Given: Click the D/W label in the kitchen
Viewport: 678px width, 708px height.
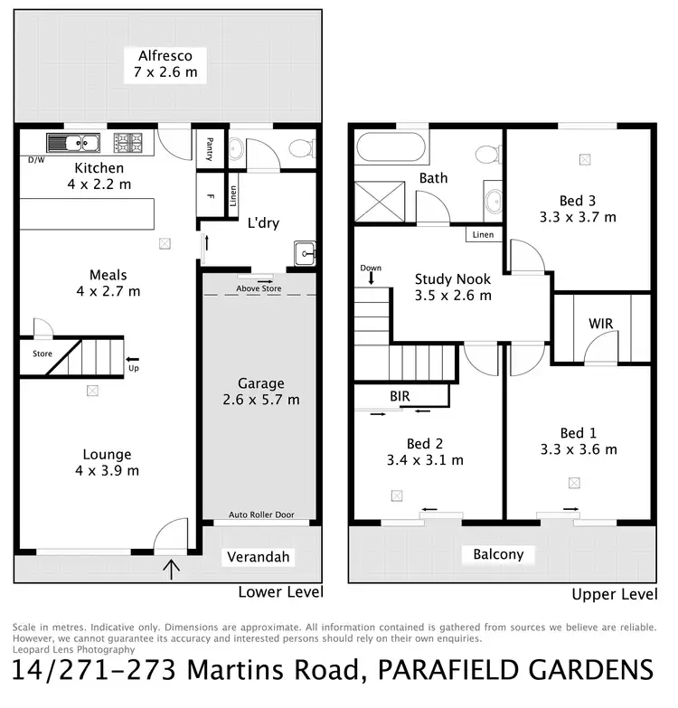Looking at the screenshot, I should pos(35,160).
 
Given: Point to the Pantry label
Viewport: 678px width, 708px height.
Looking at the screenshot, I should pos(208,147).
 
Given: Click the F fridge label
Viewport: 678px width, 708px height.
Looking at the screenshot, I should pos(209,195).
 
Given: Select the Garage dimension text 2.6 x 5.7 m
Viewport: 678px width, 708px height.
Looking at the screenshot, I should pos(261,400).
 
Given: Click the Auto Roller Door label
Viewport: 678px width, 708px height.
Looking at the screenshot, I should pos(260,514).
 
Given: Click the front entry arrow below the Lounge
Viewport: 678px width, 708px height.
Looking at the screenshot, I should pos(173,569).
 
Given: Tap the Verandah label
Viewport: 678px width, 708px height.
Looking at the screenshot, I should pos(258,557).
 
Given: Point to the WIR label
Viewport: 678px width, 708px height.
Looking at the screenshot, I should pos(601,323).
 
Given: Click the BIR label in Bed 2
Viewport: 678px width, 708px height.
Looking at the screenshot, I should pos(400,395).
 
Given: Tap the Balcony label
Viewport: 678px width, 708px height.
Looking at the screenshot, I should pos(498,554).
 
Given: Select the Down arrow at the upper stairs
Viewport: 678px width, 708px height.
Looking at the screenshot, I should pos(372,277).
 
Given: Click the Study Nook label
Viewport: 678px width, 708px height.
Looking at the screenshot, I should pos(453,279).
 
